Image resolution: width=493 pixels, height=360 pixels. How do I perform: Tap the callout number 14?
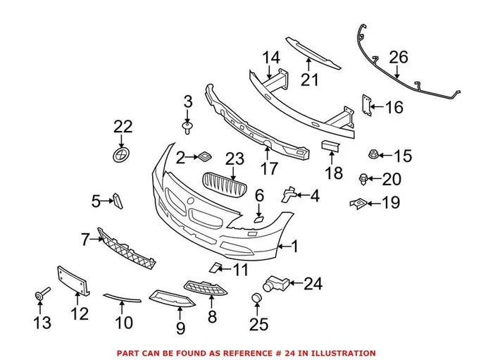pos(271,58)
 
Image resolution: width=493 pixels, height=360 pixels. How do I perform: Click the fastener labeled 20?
pos(364,178)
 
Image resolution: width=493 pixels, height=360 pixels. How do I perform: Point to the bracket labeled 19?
pos(358,204)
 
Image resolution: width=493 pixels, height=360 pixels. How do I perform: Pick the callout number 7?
pos(85,240)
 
